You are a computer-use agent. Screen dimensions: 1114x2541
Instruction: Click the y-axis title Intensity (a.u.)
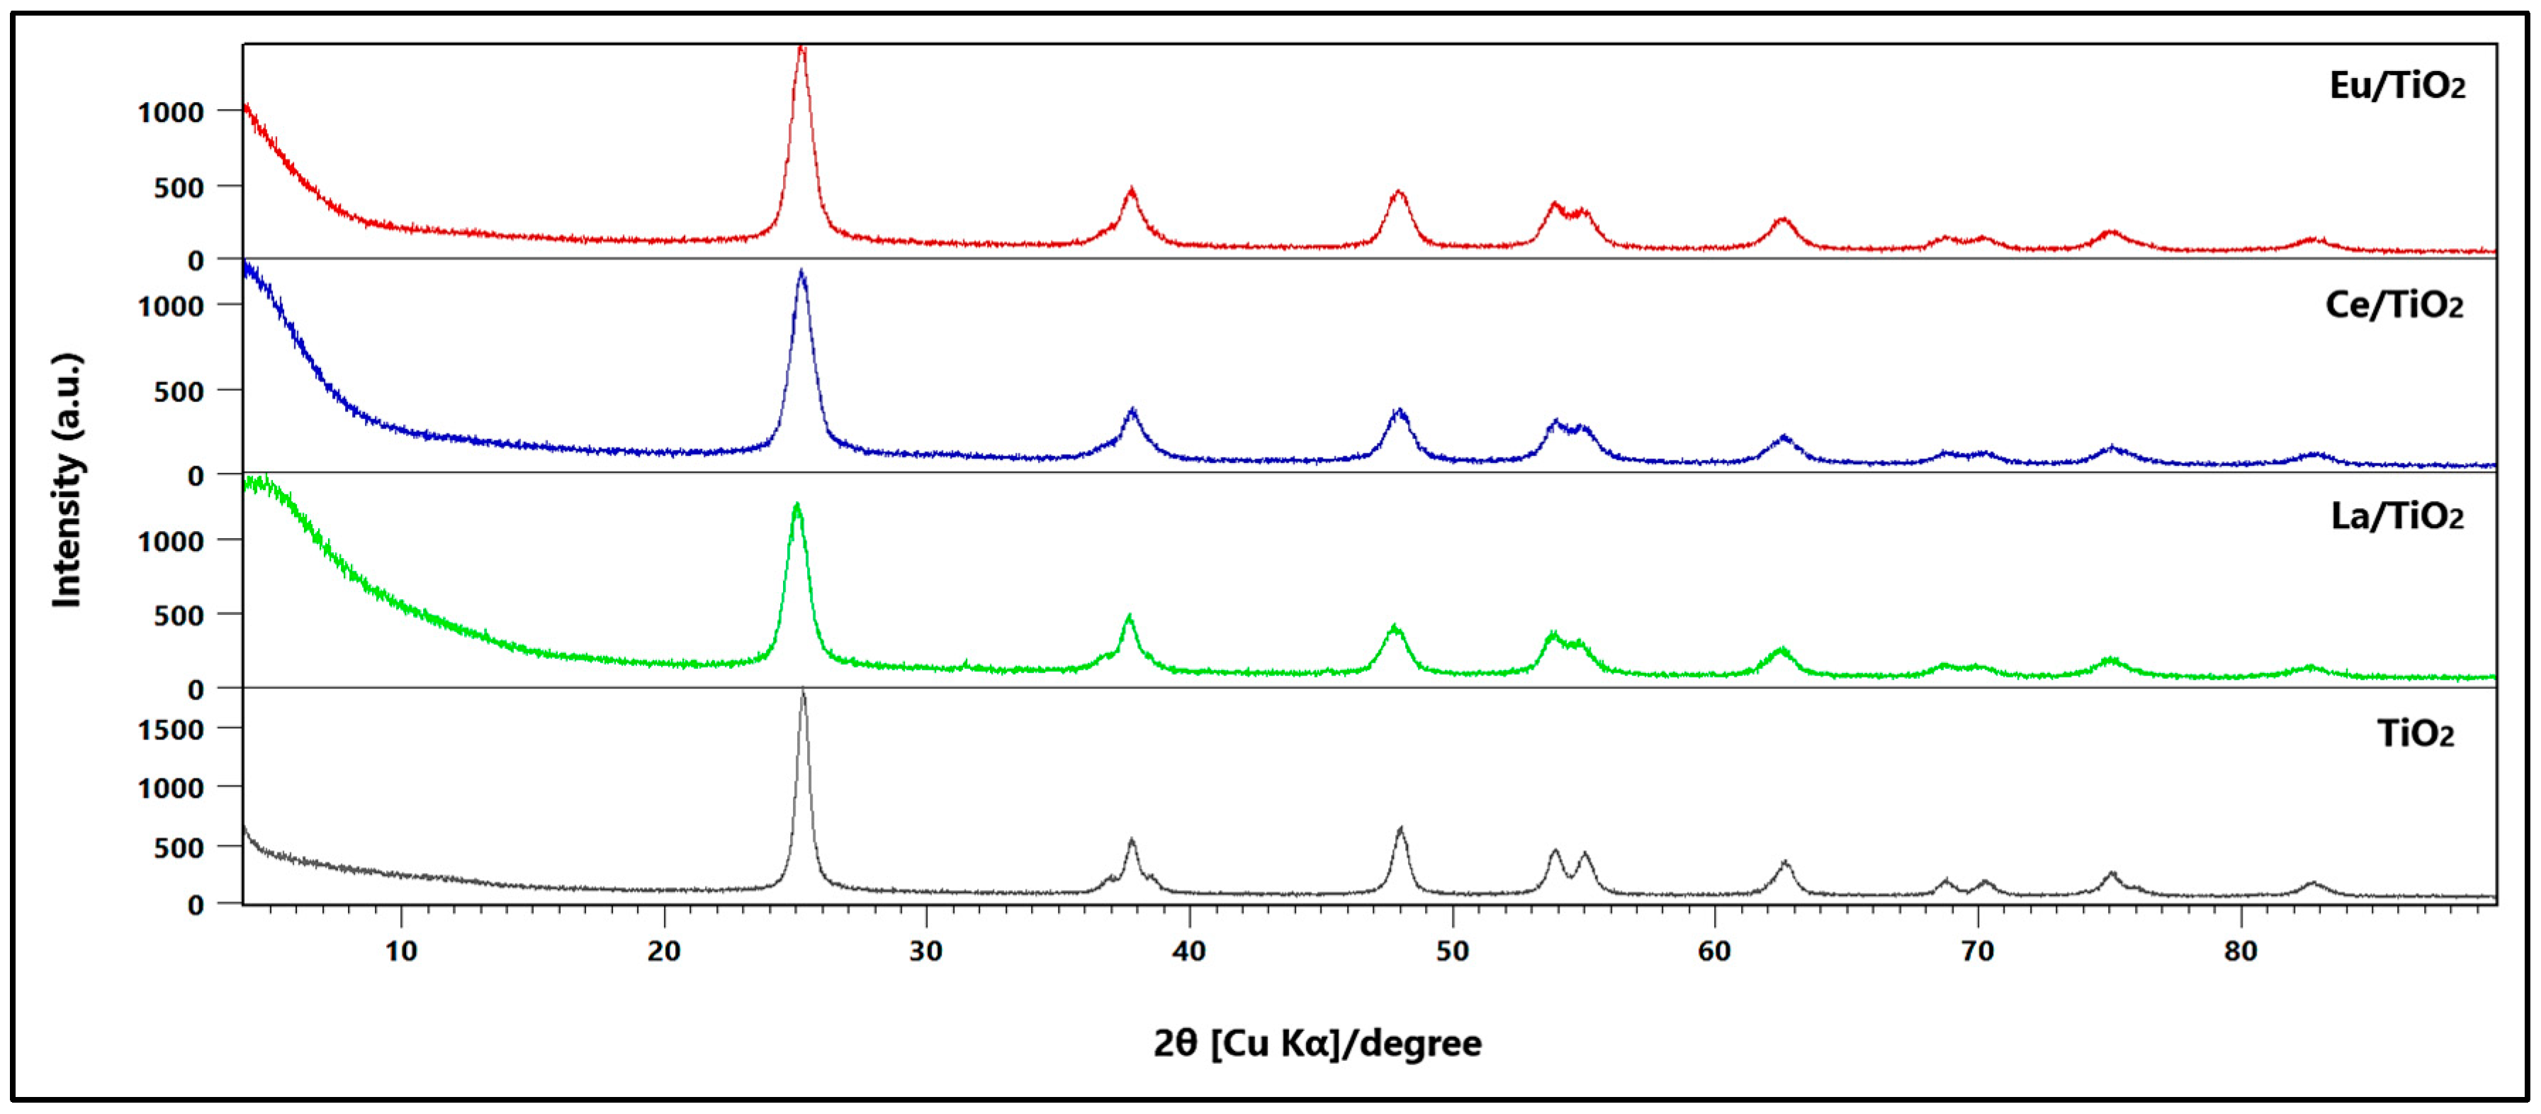pyautogui.click(x=67, y=481)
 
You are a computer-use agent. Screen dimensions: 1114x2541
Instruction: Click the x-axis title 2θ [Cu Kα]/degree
pyautogui.click(x=1317, y=1043)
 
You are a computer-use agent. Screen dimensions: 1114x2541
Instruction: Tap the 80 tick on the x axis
pyautogui.click(x=2239, y=951)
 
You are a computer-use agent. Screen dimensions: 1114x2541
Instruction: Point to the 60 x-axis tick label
pyautogui.click(x=1714, y=951)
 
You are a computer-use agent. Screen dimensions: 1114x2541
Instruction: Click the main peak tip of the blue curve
pyautogui.click(x=801, y=272)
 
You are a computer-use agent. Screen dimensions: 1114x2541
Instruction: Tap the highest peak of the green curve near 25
pyautogui.click(x=796, y=505)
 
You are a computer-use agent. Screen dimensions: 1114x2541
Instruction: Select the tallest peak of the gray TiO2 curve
pyautogui.click(x=803, y=691)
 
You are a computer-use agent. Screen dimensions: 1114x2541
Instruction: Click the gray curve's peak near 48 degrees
pyautogui.click(x=1399, y=830)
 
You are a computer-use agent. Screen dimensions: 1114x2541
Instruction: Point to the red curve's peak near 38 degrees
pyautogui.click(x=1132, y=189)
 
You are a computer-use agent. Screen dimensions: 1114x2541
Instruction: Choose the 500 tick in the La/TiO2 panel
pyautogui.click(x=179, y=616)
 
